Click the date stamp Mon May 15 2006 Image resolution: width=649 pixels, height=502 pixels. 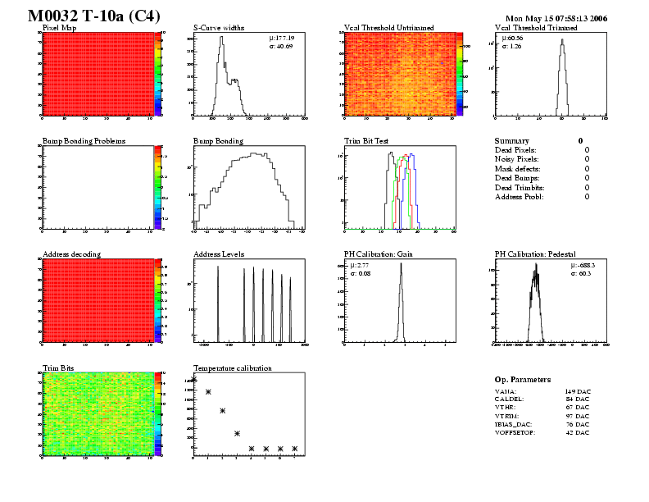(556, 18)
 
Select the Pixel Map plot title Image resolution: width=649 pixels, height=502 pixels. (59, 28)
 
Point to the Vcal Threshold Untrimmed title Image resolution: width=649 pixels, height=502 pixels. (389, 28)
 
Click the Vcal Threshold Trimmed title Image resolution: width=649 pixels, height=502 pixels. (536, 28)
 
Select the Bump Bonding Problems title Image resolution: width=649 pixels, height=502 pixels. (84, 141)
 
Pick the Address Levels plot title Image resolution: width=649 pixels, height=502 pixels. (219, 254)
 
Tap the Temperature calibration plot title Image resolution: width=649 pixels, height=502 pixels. (232, 368)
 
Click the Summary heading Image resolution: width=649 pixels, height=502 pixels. (512, 141)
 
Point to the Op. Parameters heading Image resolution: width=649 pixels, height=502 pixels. (523, 380)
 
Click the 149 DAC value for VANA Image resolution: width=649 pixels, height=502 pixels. (577, 392)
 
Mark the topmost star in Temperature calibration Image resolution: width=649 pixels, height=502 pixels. (194, 379)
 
